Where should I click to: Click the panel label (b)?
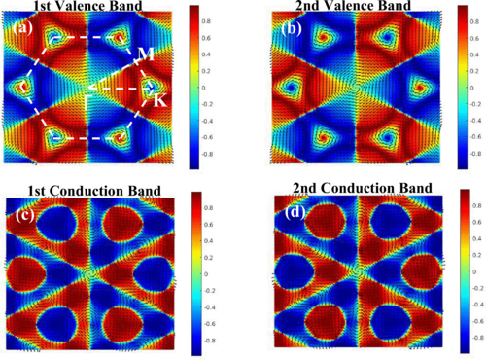click(289, 28)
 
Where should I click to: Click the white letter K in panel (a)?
click(159, 101)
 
